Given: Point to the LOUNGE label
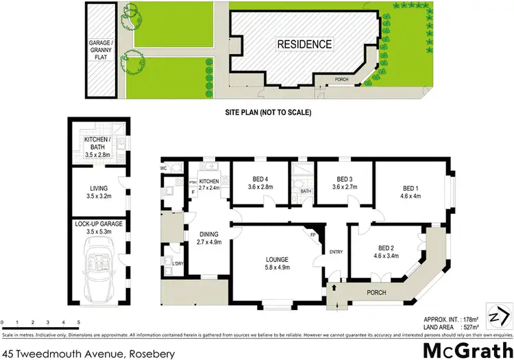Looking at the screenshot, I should (278, 259).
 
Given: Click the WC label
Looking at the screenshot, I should (164, 167).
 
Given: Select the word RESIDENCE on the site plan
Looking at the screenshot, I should (304, 45).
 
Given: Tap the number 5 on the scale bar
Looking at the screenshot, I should (79, 322).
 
